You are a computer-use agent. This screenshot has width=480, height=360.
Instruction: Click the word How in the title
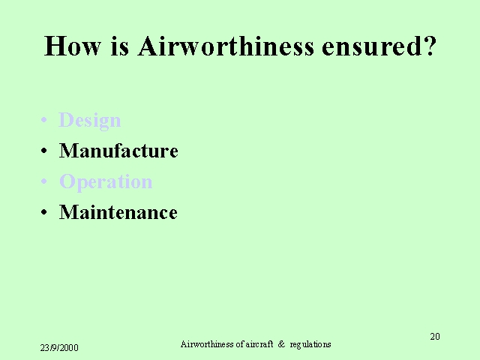coord(73,46)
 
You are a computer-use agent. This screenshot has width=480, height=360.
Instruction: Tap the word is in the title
coord(120,46)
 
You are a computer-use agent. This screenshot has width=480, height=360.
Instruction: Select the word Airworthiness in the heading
coord(226,46)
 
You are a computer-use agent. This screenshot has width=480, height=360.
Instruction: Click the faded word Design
coord(90,120)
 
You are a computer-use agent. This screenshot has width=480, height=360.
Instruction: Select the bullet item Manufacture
coord(118,151)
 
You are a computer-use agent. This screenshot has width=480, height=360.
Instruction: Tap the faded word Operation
coord(106,182)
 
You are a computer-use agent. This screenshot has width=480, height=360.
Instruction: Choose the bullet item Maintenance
coord(118,212)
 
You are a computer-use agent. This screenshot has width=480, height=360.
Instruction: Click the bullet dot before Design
coord(44,120)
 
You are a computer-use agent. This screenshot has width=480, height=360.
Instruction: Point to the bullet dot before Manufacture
coord(44,151)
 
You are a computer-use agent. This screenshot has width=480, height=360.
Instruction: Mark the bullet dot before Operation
coord(44,181)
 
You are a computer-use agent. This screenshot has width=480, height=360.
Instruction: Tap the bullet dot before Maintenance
coord(44,212)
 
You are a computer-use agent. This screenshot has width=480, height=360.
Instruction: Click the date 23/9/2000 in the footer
coord(59,348)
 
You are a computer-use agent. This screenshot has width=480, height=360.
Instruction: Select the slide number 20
coord(435,337)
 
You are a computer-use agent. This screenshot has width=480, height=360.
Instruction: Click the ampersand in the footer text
coord(281,344)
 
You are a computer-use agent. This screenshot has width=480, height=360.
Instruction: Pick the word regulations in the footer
coord(310,345)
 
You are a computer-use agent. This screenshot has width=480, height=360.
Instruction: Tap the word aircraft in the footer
coord(259,344)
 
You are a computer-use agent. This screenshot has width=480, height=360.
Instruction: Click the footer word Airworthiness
coord(207,344)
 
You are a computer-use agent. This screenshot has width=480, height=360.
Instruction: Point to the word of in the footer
coord(240,344)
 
